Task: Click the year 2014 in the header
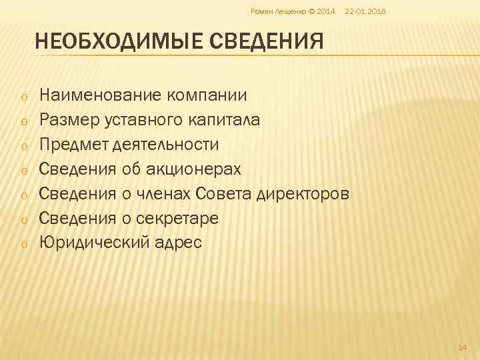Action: tap(326, 12)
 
